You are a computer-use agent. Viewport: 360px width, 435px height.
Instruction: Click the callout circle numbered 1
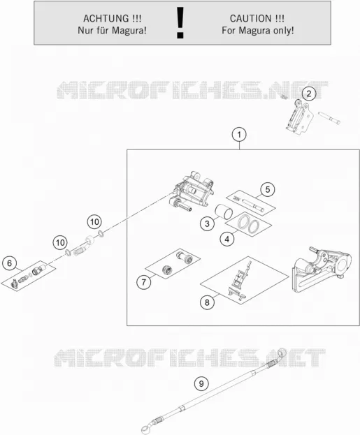click(x=239, y=135)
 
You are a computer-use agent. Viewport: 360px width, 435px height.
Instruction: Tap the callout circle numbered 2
click(x=309, y=94)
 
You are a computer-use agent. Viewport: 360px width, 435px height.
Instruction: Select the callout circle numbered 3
click(x=207, y=223)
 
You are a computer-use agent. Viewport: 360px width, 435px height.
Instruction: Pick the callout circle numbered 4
click(x=227, y=239)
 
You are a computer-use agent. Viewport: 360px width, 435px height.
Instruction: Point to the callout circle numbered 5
click(x=268, y=189)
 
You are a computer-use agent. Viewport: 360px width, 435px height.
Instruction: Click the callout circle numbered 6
click(x=10, y=263)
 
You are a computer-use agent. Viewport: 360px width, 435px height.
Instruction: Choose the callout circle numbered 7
click(x=143, y=282)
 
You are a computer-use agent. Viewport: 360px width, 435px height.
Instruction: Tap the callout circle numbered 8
click(x=207, y=302)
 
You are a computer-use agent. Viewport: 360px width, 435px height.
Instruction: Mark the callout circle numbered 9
click(x=201, y=383)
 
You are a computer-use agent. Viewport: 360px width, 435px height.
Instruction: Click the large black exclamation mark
click(x=180, y=23)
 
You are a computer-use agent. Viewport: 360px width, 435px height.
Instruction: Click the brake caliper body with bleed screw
click(x=193, y=191)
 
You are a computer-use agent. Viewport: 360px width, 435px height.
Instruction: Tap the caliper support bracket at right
click(x=322, y=269)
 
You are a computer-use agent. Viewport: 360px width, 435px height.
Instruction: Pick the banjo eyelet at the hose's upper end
click(x=282, y=353)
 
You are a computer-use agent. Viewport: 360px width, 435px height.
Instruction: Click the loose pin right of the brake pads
click(x=329, y=118)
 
